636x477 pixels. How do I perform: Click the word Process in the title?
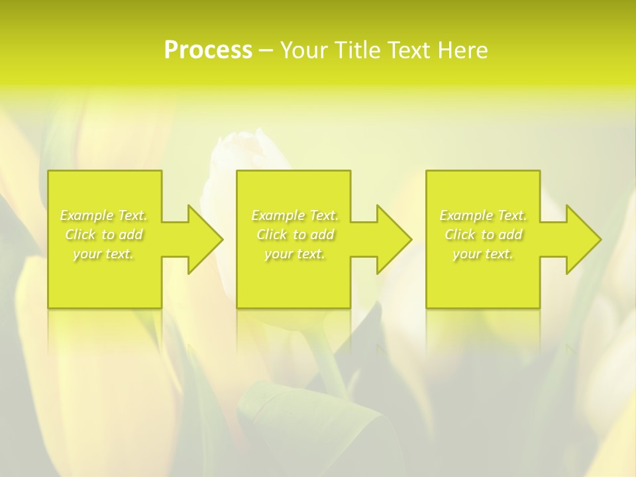208,50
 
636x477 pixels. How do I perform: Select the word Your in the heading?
304,50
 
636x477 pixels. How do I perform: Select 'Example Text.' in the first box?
103,215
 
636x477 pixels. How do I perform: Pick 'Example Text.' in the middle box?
295,215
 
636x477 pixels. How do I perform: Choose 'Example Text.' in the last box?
483,215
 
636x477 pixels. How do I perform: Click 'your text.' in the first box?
103,254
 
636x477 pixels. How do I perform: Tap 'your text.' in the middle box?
295,254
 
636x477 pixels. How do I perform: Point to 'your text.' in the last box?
483,254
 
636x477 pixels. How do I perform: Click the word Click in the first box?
81,235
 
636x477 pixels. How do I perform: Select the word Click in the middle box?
272,235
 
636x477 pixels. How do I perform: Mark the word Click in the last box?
460,235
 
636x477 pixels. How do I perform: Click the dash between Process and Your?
266,50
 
